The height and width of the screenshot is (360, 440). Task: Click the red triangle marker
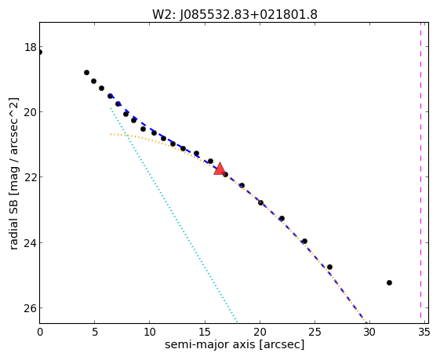click(x=220, y=169)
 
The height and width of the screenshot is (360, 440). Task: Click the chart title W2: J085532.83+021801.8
click(x=235, y=15)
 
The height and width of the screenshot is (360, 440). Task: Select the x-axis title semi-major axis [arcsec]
click(x=235, y=344)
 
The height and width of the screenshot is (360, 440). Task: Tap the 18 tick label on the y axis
click(x=31, y=47)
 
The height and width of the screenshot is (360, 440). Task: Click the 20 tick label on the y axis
click(x=31, y=112)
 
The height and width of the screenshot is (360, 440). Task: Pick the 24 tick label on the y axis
click(x=31, y=242)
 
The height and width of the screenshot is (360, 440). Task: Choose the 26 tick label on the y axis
click(x=31, y=308)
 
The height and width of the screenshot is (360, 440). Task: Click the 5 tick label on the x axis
click(x=95, y=333)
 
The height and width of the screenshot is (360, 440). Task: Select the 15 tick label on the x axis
click(x=205, y=333)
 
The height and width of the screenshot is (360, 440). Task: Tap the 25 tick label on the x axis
click(x=315, y=333)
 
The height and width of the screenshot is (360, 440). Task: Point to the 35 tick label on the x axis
click(x=424, y=333)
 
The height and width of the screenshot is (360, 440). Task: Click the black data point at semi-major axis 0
click(x=40, y=53)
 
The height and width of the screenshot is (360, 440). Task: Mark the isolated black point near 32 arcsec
click(x=389, y=282)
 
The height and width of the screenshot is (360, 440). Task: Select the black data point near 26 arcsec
click(x=329, y=267)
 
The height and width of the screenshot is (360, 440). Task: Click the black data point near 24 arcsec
click(x=305, y=241)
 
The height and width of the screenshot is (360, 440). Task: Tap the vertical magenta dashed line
click(x=420, y=170)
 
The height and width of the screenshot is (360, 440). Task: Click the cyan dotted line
click(x=174, y=215)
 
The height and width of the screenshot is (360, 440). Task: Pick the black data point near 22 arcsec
click(x=282, y=218)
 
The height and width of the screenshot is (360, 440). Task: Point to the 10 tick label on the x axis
click(x=150, y=333)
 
